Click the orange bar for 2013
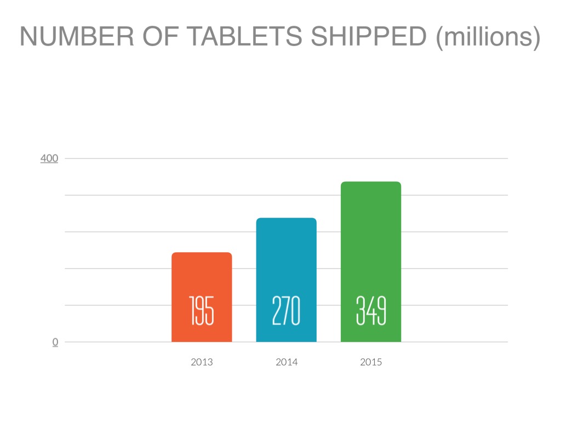[x=202, y=274]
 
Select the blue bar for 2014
[x=286, y=258]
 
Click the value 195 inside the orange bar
[x=202, y=311]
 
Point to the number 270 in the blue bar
[x=286, y=311]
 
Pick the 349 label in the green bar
[x=371, y=311]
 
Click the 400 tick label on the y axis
[x=49, y=158]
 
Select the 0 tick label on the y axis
[x=55, y=342]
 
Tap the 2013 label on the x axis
[x=202, y=362]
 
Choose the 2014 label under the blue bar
[x=287, y=362]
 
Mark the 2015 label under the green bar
[x=371, y=362]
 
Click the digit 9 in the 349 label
[x=381, y=311]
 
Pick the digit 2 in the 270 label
[x=276, y=311]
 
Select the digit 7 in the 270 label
[x=286, y=311]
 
